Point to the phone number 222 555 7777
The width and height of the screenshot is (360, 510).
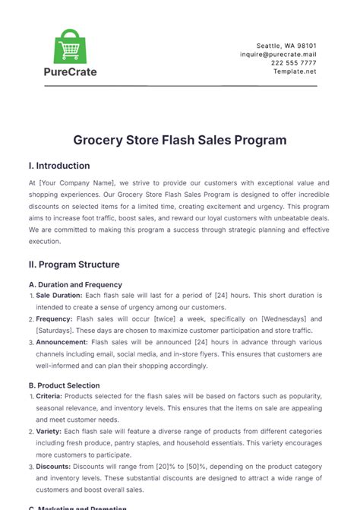[x=295, y=65]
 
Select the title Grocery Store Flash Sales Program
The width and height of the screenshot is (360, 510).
[x=179, y=140]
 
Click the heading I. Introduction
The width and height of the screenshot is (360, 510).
[x=58, y=166]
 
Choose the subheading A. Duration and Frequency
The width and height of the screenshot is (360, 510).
[x=74, y=284]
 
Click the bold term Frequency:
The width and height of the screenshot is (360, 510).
[x=56, y=319]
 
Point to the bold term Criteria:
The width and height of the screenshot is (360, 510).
[x=50, y=396]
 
